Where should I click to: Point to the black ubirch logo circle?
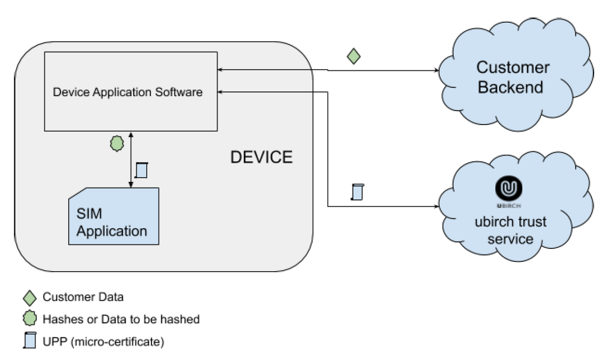tap(510, 189)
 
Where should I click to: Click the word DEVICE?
tap(261, 157)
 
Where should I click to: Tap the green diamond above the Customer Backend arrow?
tap(353, 56)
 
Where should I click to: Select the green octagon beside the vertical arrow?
tap(117, 145)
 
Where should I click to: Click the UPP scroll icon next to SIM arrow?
tap(142, 170)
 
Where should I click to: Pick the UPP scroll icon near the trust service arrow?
tap(357, 191)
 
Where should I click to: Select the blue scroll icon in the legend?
tap(31, 341)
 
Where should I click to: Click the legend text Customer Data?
tap(83, 297)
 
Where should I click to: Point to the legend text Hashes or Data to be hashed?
tap(121, 319)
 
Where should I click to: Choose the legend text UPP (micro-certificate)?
tap(104, 341)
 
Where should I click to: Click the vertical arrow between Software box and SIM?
tap(131, 160)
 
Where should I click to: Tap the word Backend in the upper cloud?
tap(510, 87)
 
